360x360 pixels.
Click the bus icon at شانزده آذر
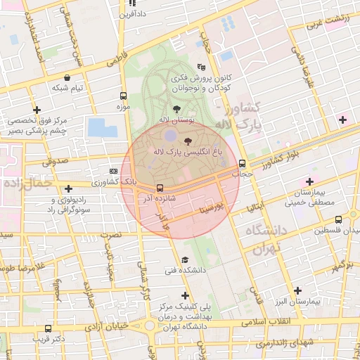160,188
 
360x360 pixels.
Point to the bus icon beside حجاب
243,163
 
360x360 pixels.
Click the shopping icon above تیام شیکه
67,78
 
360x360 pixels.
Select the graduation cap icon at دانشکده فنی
185,259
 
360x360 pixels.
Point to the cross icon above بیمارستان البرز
297,290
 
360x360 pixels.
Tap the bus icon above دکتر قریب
48,328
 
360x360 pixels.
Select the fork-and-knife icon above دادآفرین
131,4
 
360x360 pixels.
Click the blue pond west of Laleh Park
103,127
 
